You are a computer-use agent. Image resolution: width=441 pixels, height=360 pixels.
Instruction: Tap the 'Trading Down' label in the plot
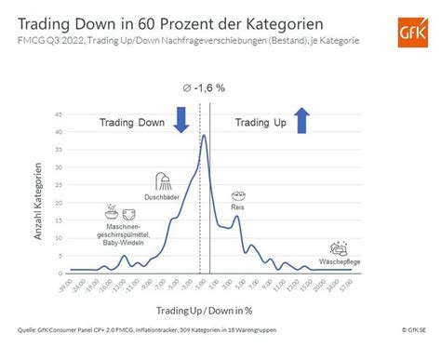(132, 121)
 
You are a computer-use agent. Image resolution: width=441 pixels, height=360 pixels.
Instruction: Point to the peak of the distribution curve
(204, 136)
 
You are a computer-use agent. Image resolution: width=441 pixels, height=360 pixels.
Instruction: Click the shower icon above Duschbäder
(164, 182)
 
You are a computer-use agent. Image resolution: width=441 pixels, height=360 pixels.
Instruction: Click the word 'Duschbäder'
(164, 197)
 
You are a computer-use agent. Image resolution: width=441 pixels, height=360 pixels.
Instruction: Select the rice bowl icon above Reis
(238, 197)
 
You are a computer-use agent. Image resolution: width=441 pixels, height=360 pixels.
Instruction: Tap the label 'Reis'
(238, 209)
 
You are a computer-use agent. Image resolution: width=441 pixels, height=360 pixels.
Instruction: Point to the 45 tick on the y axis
(59, 115)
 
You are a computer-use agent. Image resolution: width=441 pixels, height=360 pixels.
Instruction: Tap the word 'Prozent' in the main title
(166, 20)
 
